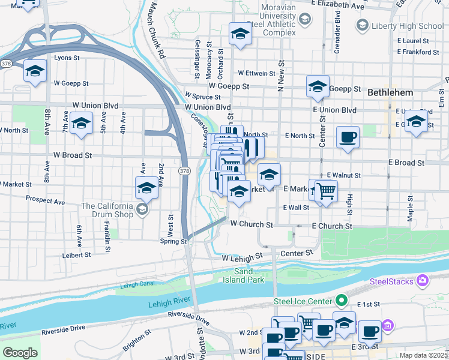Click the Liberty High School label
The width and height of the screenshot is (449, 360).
click(x=408, y=26)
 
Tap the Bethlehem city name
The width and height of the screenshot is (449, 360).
click(x=390, y=92)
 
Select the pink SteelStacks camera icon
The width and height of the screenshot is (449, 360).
click(x=424, y=280)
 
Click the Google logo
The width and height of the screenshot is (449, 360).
click(x=20, y=353)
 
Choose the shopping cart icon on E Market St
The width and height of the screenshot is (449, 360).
click(x=326, y=191)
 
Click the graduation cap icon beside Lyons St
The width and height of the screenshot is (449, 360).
click(x=35, y=71)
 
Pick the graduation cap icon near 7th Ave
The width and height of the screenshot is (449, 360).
click(x=80, y=124)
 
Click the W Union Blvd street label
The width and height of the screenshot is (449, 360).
click(x=208, y=107)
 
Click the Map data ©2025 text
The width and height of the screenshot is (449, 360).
click(x=423, y=355)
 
